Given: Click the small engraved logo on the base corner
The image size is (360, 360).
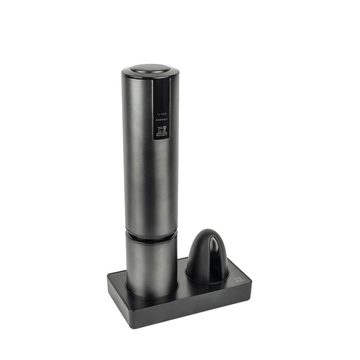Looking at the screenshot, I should (239, 282).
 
